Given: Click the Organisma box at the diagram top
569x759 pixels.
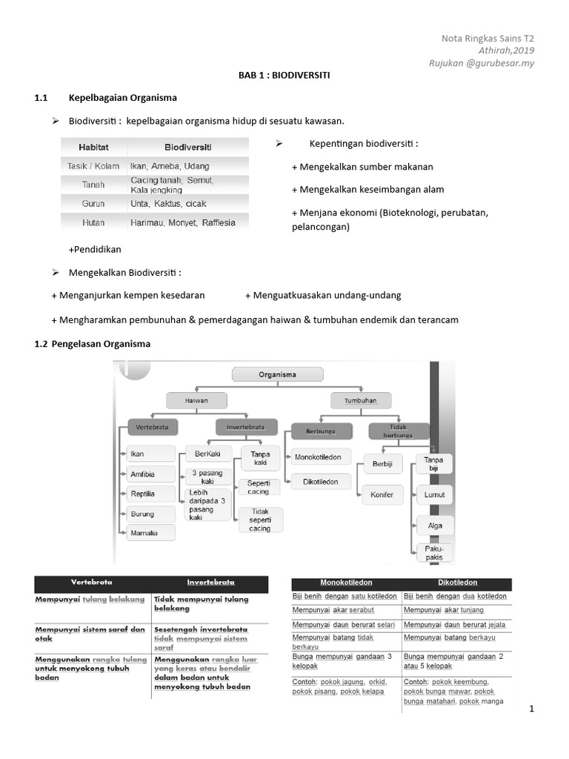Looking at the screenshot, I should [x=277, y=374].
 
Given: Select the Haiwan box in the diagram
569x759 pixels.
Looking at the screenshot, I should [x=196, y=400].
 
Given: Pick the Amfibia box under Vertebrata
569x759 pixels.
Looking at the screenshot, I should [x=151, y=474].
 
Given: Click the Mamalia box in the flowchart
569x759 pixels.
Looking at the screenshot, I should [x=151, y=532].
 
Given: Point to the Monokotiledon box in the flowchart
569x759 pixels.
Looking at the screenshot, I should [x=318, y=457].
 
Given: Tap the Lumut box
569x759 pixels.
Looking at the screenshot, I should [x=434, y=494].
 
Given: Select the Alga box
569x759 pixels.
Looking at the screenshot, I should [x=434, y=526].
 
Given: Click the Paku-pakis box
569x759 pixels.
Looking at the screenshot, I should [x=434, y=553].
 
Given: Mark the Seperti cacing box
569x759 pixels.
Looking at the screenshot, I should [x=259, y=486].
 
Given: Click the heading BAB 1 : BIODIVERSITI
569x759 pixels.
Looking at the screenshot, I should [x=284, y=76].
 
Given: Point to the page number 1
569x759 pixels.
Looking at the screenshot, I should [x=531, y=709].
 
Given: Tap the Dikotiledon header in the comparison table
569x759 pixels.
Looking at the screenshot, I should [x=456, y=583].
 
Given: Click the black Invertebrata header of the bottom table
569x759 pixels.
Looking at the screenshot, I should [x=210, y=582].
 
